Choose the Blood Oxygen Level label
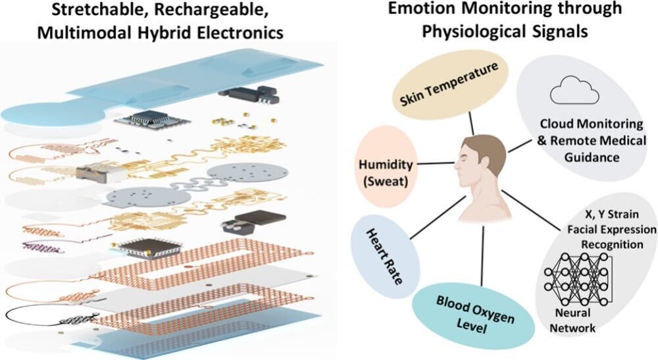[x=467, y=311]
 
